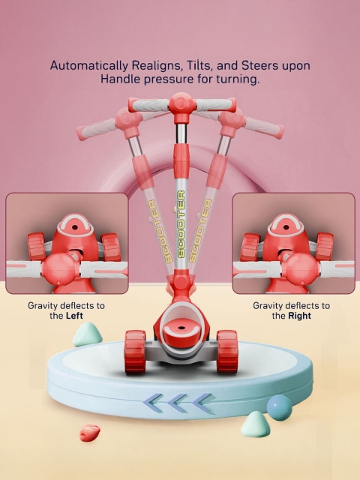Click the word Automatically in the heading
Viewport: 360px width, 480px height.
click(x=88, y=65)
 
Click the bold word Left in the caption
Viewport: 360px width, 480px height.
click(x=74, y=316)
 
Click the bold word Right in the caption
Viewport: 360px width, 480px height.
click(x=300, y=316)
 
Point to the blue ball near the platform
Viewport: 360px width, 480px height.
click(x=279, y=407)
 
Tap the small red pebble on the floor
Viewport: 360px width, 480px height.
click(x=90, y=433)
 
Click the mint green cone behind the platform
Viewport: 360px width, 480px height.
click(x=87, y=334)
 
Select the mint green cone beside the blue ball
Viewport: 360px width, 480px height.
click(x=255, y=424)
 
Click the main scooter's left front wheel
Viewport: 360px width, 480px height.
click(x=135, y=352)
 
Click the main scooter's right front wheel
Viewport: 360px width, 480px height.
click(x=227, y=352)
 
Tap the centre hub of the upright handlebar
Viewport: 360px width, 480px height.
click(x=181, y=104)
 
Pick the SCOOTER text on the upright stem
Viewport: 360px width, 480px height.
click(x=181, y=223)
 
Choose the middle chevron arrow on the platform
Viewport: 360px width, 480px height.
click(x=179, y=403)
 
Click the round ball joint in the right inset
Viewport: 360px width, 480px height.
click(x=301, y=269)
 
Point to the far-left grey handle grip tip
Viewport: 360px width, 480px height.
click(x=81, y=133)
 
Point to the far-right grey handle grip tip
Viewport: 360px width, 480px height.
click(x=279, y=132)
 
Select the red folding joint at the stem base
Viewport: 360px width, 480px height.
click(x=181, y=282)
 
